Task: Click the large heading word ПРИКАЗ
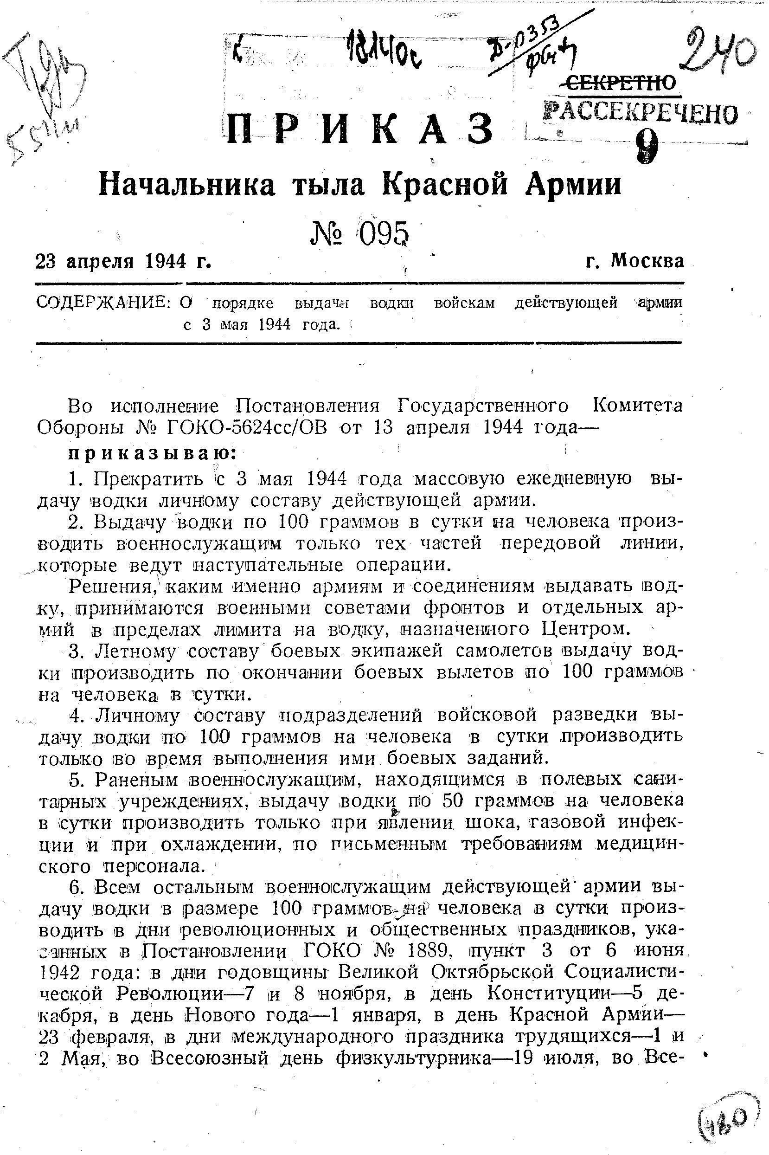pyautogui.click(x=359, y=128)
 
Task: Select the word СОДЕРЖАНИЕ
pyautogui.click(x=103, y=303)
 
